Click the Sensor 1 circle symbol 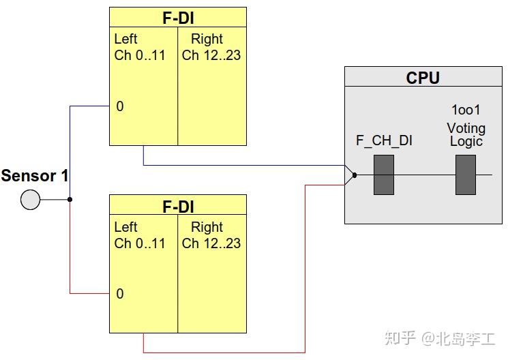click(x=30, y=200)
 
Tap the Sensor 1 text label click(x=35, y=176)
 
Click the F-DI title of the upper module click(x=178, y=18)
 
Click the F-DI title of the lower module click(x=178, y=207)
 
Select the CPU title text click(x=423, y=78)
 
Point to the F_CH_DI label click(x=384, y=141)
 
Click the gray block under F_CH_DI click(x=384, y=175)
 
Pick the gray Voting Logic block click(x=466, y=175)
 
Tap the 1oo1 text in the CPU click(x=466, y=110)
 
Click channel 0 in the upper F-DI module click(x=120, y=106)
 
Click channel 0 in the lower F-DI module click(x=120, y=294)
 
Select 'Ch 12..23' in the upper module click(x=211, y=55)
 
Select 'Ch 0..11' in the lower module click(x=140, y=243)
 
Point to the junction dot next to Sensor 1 click(x=70, y=200)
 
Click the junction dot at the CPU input click(x=355, y=175)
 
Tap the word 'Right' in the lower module click(x=207, y=227)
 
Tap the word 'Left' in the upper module click(x=125, y=39)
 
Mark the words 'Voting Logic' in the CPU click(x=466, y=134)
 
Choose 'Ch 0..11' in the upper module click(x=140, y=55)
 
